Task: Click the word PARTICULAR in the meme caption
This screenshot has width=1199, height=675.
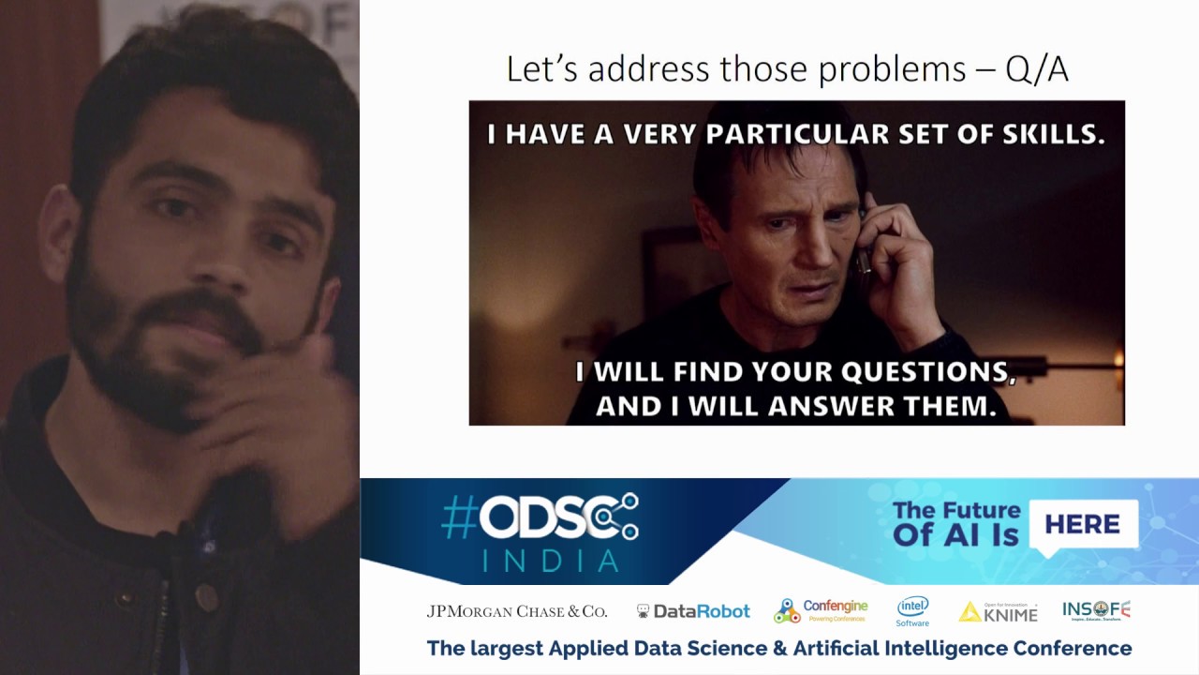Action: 796,134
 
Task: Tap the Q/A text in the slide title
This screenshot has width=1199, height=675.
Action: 1036,69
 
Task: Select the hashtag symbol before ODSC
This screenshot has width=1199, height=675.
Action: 459,517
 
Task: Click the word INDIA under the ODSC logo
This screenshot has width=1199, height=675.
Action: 551,560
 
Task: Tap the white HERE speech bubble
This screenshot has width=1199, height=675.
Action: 1083,524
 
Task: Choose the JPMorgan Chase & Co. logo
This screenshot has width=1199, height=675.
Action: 517,611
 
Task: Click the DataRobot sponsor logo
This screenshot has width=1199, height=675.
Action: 693,611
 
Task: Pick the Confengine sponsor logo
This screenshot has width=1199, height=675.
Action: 822,610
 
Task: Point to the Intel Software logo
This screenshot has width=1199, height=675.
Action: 912,611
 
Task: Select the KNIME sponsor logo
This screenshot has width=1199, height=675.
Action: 999,612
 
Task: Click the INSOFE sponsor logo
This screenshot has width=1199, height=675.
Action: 1096,610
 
